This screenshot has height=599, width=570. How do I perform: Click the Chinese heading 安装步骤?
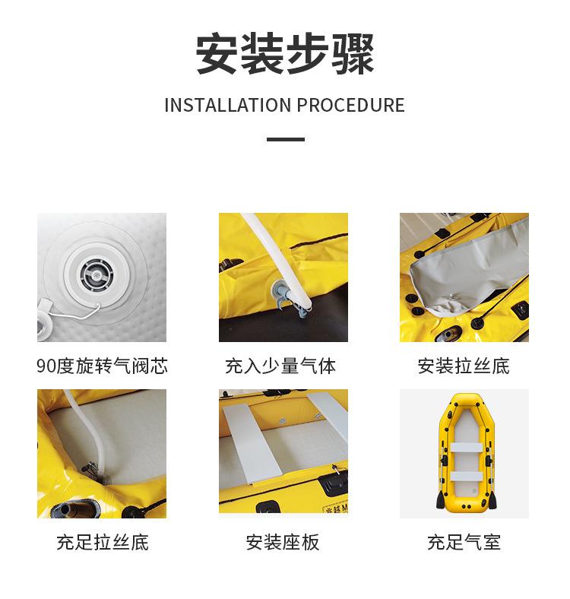click(x=285, y=54)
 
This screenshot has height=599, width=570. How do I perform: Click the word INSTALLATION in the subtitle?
click(x=228, y=106)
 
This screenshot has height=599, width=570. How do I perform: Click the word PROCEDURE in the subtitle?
click(x=350, y=106)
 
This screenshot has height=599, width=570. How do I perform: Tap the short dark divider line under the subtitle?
click(x=286, y=139)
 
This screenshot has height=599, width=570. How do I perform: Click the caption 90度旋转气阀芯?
click(x=102, y=366)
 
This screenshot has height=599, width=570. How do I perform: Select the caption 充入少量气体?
click(x=280, y=366)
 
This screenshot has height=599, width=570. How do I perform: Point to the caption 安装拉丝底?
click(x=464, y=366)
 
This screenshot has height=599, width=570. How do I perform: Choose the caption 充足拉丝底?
click(x=103, y=543)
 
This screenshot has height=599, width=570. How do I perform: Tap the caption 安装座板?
click(x=282, y=543)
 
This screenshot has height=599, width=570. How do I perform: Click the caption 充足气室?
click(x=464, y=543)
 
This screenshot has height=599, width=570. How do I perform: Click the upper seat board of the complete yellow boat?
click(x=467, y=447)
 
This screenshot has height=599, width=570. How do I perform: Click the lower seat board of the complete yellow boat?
click(x=467, y=476)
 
